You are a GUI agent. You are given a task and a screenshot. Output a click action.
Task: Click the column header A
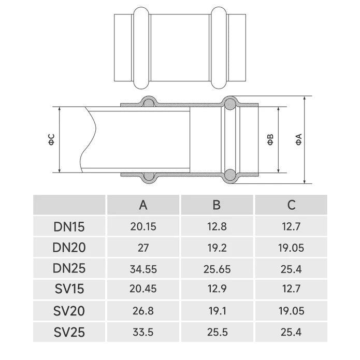pos(143,205)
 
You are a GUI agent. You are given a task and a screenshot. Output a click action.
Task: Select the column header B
pos(217,205)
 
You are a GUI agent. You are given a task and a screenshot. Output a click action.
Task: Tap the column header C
pos(291,205)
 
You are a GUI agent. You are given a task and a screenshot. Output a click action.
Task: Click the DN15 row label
pos(69,226)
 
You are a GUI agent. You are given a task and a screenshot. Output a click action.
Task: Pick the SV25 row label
pos(69,332)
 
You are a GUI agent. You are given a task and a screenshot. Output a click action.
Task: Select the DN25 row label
pos(69,269)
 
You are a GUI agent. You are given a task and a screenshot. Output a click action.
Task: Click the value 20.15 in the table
pos(143,226)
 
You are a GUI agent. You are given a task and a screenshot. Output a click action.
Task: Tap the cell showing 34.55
pos(143,269)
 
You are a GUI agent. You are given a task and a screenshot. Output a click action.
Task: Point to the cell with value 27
pos(143,248)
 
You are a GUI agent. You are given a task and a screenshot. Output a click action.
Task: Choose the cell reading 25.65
pos(217,269)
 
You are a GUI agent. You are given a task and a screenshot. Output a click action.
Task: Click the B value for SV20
pos(217,311)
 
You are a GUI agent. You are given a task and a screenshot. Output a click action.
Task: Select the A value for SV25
pos(143,332)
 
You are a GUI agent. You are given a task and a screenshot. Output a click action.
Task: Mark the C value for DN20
pos(291,248)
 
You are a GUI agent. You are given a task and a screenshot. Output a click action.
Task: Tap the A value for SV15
pos(143,290)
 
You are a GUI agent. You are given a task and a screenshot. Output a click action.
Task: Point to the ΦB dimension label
pos(270,139)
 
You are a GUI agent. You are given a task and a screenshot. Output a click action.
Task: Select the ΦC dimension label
pos(51,139)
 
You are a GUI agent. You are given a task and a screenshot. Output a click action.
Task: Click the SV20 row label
pos(69,311)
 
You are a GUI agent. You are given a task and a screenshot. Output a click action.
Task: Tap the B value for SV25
pos(217,332)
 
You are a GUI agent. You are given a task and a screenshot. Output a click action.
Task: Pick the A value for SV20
pos(143,311)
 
